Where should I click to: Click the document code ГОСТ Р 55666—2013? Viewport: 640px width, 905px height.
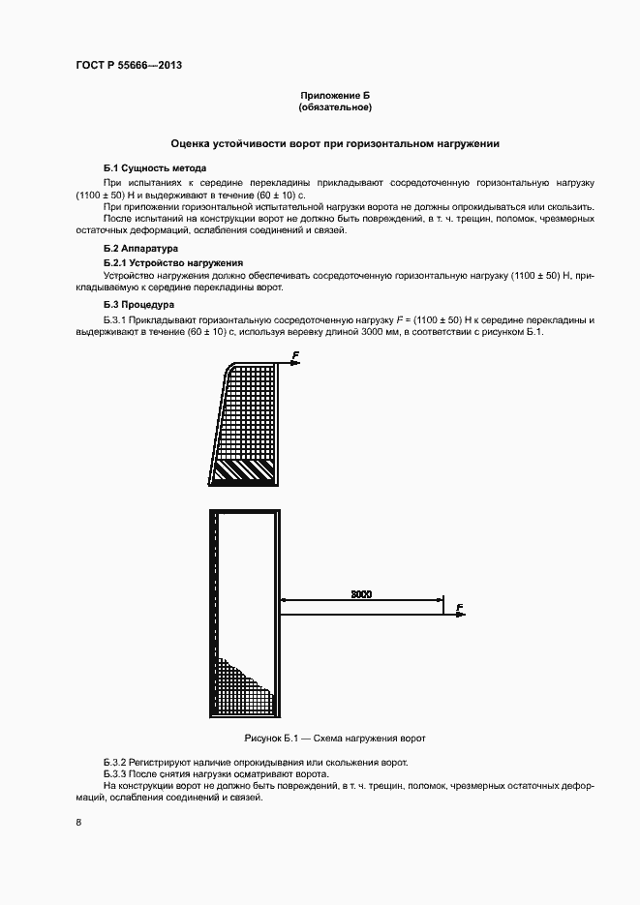coord(128,66)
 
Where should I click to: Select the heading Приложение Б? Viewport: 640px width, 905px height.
coord(335,96)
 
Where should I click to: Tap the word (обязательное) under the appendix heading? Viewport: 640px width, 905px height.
coord(335,108)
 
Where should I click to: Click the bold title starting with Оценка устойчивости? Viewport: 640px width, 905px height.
coord(335,144)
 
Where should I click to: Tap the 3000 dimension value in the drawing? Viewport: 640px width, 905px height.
coord(359,593)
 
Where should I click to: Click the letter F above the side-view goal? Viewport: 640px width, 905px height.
coord(293,354)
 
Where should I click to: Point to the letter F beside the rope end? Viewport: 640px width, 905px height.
coord(459,607)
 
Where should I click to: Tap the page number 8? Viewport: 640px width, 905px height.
coord(77,823)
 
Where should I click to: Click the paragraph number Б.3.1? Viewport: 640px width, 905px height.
coord(118,319)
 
